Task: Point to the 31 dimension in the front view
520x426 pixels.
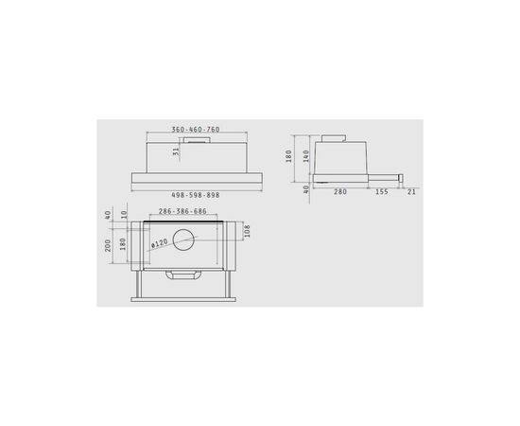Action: tap(176, 152)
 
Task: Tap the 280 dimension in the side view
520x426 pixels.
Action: tap(338, 191)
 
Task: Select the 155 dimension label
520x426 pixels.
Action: tap(380, 191)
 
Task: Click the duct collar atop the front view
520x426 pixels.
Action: tap(197, 139)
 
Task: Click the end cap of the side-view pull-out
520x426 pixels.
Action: tap(403, 177)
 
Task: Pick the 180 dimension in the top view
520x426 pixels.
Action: tap(125, 245)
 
